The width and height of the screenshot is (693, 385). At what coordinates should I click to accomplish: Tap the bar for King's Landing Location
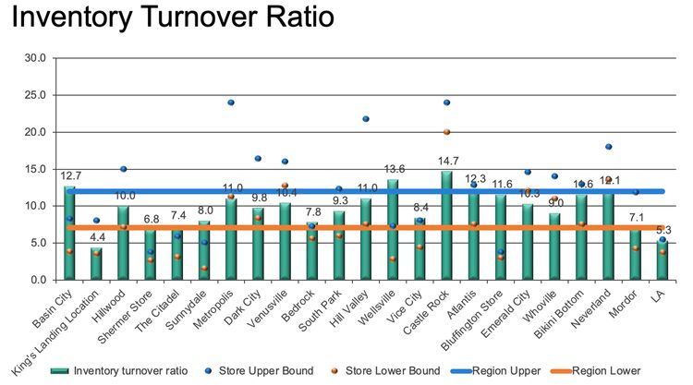point(96,263)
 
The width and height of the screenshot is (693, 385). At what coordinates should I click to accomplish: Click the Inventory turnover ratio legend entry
point(130,370)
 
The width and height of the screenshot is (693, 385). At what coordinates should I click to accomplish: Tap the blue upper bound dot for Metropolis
point(231,102)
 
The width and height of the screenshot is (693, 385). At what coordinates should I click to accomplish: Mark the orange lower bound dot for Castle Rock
point(446,132)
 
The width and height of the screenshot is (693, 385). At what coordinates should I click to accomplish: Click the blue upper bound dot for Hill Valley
point(366,119)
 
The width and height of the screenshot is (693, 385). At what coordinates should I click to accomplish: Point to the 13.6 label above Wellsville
point(394,169)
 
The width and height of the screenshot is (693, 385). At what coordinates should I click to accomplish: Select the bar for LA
point(662,259)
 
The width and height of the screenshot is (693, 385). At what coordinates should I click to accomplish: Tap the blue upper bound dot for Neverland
point(608,147)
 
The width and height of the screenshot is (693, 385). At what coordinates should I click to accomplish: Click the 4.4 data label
point(97,237)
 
